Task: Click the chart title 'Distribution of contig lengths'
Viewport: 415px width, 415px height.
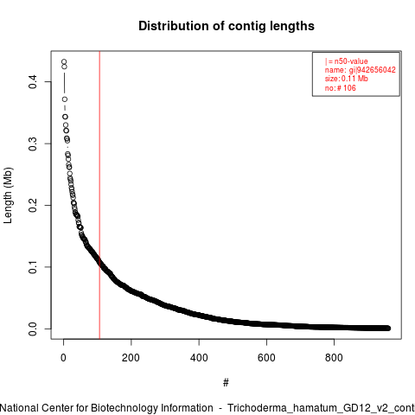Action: (x=227, y=26)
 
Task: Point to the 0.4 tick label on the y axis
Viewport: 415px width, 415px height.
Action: (x=33, y=82)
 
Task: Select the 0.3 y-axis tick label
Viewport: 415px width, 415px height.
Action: (x=33, y=144)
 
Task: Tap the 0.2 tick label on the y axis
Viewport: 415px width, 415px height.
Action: (x=33, y=206)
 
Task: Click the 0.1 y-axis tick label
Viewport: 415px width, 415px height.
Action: (x=33, y=267)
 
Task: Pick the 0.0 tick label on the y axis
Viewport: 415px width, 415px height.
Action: (x=33, y=329)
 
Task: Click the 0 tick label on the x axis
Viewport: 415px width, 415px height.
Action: (x=63, y=358)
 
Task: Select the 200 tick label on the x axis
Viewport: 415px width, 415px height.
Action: (x=131, y=358)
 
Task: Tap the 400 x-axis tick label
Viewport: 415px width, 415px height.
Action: (x=199, y=358)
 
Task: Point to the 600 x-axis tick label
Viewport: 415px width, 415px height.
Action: (x=266, y=358)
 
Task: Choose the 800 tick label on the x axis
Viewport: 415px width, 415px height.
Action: (x=334, y=358)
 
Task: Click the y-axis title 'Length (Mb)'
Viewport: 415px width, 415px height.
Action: (x=8, y=195)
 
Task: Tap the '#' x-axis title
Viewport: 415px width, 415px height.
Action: (x=226, y=383)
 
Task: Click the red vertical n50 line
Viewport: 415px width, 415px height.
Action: (x=99, y=195)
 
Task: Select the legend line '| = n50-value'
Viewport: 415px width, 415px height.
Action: (x=347, y=61)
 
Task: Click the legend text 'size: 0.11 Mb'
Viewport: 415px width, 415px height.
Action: (x=347, y=79)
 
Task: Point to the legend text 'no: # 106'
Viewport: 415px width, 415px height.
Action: (x=341, y=88)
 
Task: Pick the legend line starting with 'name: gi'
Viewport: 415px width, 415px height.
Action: (x=361, y=70)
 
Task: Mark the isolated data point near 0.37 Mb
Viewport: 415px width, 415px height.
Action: (x=65, y=99)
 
